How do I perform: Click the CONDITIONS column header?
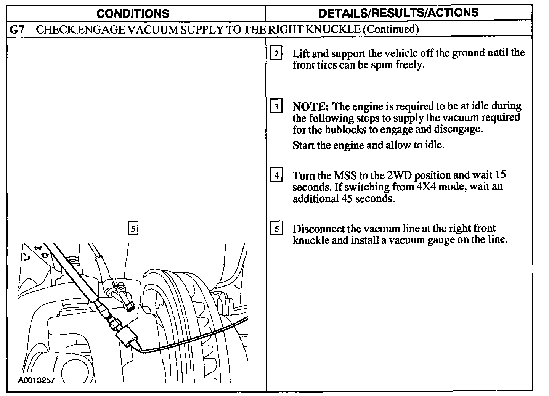(x=133, y=14)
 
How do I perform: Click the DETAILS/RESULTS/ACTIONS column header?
(x=398, y=13)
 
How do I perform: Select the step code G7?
(x=16, y=30)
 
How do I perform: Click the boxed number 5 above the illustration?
(x=133, y=229)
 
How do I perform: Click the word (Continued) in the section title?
(x=390, y=30)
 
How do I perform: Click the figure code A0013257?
(x=36, y=380)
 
